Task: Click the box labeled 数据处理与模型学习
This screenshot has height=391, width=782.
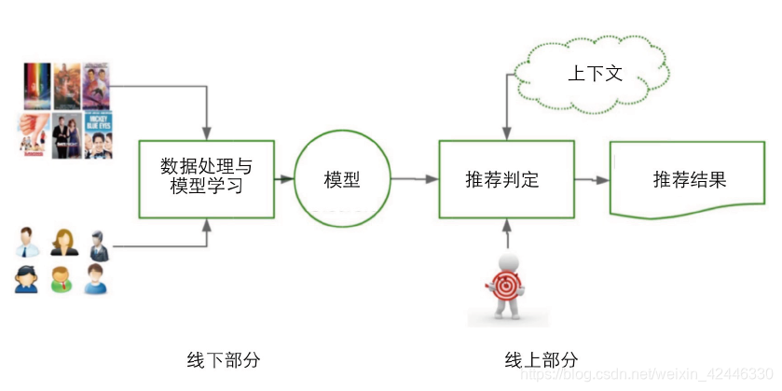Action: click(x=206, y=177)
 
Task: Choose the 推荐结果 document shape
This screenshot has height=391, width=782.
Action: click(x=688, y=178)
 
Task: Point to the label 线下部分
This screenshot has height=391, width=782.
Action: click(x=225, y=359)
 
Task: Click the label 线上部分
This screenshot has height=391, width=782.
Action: click(x=542, y=359)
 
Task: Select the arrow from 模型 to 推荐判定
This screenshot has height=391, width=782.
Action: click(x=414, y=179)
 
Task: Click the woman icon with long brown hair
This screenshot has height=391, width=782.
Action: click(x=63, y=241)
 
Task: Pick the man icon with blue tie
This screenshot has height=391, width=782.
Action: click(x=27, y=241)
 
